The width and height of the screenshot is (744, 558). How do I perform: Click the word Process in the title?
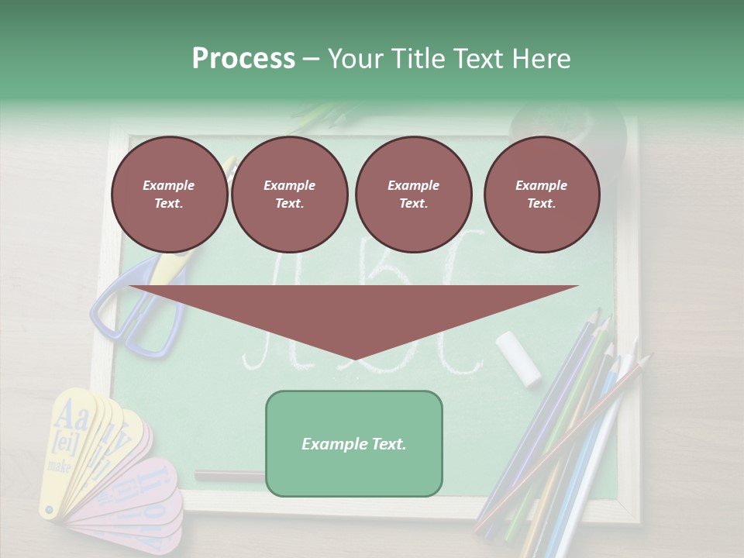243,59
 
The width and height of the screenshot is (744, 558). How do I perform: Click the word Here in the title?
539,59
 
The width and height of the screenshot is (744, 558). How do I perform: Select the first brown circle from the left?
169,194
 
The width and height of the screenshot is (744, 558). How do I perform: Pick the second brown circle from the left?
289,194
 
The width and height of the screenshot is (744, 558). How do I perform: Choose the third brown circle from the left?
413,194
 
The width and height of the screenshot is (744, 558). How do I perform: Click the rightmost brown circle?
541,194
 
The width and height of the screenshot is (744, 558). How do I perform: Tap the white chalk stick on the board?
518,358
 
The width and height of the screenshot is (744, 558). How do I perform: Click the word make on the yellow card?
59,466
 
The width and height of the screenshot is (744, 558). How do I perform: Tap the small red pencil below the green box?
229,476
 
